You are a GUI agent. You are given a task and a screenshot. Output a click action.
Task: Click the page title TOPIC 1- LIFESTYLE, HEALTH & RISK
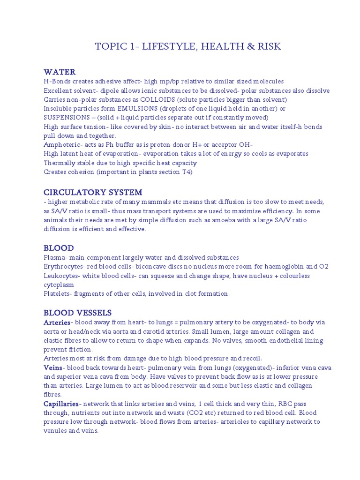[188, 46]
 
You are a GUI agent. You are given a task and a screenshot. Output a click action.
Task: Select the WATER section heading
[60, 72]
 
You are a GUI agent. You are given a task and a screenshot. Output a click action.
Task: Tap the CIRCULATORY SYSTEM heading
[93, 192]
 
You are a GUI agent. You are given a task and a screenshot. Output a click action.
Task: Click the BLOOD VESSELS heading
[77, 313]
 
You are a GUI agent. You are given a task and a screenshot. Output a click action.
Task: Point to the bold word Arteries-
[58, 322]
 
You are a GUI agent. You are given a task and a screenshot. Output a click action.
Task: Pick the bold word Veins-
[53, 367]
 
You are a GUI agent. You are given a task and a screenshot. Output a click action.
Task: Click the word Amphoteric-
[62, 144]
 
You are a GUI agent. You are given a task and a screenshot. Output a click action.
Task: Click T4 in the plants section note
[187, 172]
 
